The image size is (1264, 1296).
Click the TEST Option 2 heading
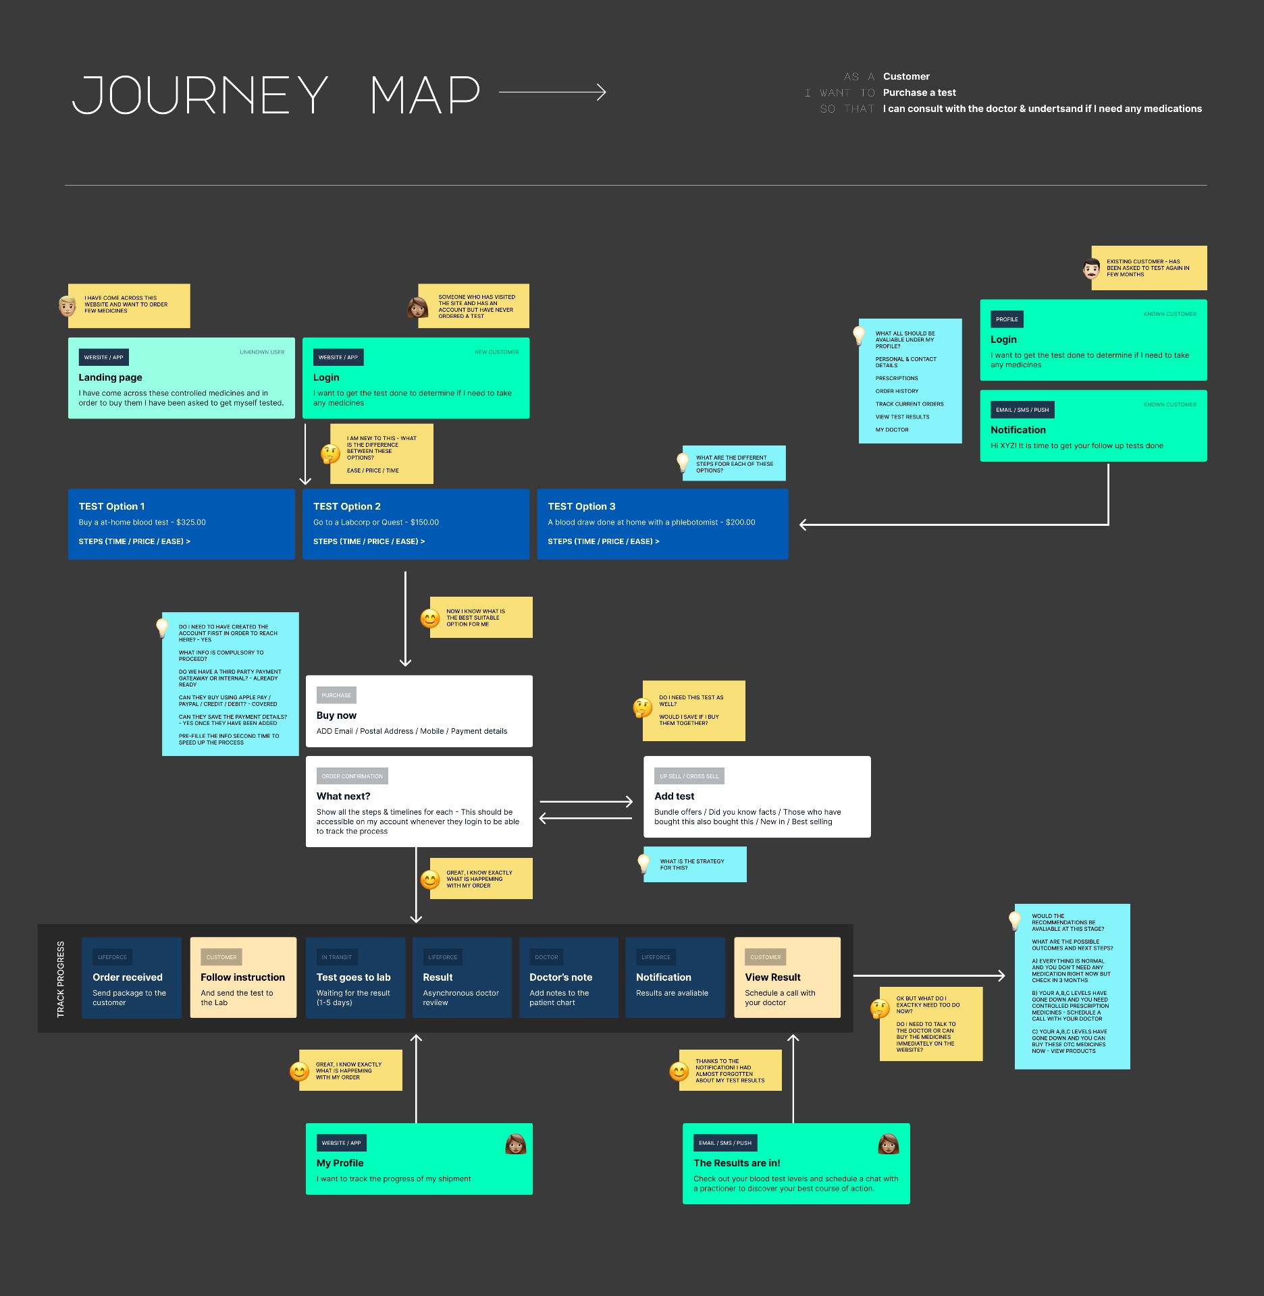(346, 506)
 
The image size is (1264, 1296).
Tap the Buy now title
(336, 715)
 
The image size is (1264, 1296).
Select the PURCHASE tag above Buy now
(336, 695)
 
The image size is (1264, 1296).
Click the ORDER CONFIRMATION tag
(352, 776)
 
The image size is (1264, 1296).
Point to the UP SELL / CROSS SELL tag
(689, 776)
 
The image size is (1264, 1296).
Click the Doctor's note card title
(560, 977)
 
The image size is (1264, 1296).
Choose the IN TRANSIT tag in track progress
(336, 957)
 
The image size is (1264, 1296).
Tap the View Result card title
(772, 977)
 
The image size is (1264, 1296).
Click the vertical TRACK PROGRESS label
(61, 979)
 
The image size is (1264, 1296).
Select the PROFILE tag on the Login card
(1007, 319)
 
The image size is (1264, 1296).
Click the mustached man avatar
(1091, 269)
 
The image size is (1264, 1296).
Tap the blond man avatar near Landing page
(68, 306)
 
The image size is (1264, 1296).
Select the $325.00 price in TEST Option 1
(191, 522)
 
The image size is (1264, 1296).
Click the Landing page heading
(110, 377)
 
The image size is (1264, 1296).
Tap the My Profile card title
(340, 1163)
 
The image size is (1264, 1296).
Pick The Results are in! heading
(737, 1163)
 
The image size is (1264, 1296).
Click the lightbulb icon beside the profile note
(859, 335)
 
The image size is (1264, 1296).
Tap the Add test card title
(674, 796)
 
